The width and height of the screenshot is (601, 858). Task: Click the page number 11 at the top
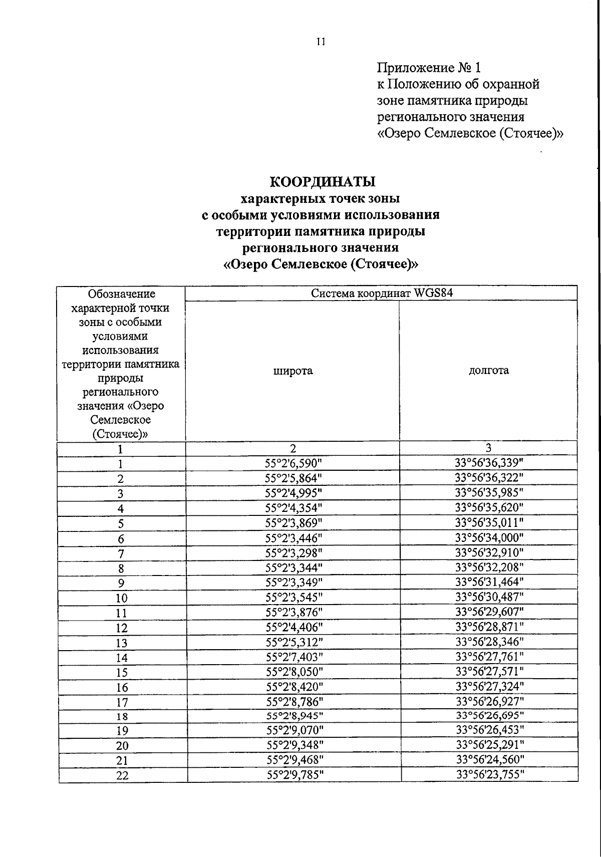pyautogui.click(x=321, y=42)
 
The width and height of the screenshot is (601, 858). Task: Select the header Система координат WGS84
pyautogui.click(x=381, y=294)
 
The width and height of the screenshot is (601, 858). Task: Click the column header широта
pyautogui.click(x=293, y=371)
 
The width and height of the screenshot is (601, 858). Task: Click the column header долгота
pyautogui.click(x=488, y=370)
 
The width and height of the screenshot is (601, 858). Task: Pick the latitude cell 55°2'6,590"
pyautogui.click(x=293, y=463)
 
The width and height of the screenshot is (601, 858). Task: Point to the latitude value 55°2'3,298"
pyautogui.click(x=293, y=552)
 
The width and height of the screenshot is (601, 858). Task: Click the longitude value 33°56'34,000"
pyautogui.click(x=489, y=537)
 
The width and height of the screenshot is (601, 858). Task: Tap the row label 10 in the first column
pyautogui.click(x=122, y=598)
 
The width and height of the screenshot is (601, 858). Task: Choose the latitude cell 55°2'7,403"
pyautogui.click(x=294, y=657)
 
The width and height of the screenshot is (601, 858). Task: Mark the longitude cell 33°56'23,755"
pyautogui.click(x=490, y=774)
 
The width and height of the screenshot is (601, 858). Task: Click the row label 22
pyautogui.click(x=122, y=776)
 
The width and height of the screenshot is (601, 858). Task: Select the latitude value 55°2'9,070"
pyautogui.click(x=294, y=730)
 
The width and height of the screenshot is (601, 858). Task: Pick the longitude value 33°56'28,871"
pyautogui.click(x=489, y=627)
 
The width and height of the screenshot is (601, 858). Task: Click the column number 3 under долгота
pyautogui.click(x=488, y=447)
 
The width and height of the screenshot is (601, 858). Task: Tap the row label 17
pyautogui.click(x=122, y=702)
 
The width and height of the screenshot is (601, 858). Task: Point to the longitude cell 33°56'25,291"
pyautogui.click(x=490, y=745)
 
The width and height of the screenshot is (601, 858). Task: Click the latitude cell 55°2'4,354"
pyautogui.click(x=293, y=508)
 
